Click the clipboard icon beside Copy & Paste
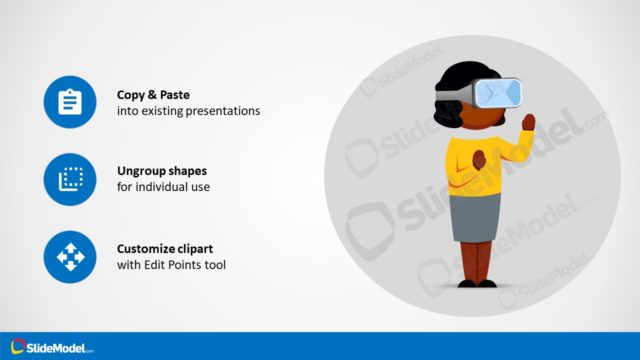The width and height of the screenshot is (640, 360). click(x=70, y=101)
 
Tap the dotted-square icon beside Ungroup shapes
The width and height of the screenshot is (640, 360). click(x=70, y=179)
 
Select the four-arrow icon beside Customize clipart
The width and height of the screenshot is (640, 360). click(x=70, y=257)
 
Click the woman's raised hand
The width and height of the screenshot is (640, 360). click(x=528, y=123)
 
